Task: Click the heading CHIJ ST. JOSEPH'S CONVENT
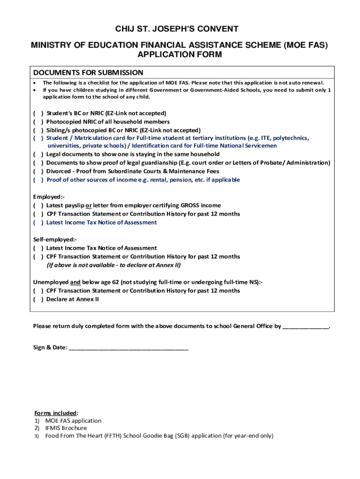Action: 180,29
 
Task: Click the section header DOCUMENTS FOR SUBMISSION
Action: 88,73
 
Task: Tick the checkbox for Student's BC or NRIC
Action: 38,113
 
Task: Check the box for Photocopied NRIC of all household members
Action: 38,122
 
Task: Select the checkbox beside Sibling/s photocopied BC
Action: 38,130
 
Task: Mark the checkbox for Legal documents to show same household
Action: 38,154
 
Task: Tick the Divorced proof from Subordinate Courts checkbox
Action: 38,171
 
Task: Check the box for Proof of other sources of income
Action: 38,180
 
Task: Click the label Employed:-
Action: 49,196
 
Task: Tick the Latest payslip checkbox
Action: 38,205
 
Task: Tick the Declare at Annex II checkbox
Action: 38,299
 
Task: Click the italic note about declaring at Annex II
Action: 113,265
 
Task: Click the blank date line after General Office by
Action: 306,327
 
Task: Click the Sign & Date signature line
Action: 129,348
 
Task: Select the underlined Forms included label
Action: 55,413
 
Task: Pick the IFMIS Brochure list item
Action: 66,428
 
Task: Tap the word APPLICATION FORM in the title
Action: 180,55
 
